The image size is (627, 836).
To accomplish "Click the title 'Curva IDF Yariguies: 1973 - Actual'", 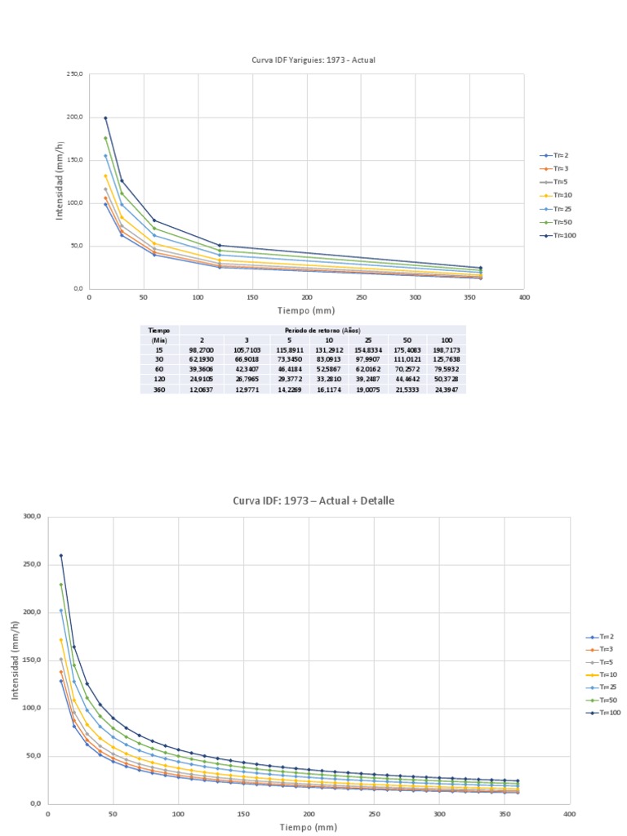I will click(x=313, y=60).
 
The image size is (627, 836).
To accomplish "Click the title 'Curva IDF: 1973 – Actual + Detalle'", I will click(x=313, y=500).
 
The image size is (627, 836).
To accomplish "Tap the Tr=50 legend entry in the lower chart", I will click(x=604, y=700).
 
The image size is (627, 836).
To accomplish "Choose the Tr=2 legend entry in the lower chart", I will click(x=604, y=637).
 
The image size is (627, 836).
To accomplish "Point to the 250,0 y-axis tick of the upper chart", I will click(x=75, y=74).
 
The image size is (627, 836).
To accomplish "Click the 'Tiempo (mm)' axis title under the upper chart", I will click(x=306, y=310).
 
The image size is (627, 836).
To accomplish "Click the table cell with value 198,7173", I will click(x=447, y=349).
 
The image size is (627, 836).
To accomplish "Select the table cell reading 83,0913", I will click(x=329, y=359).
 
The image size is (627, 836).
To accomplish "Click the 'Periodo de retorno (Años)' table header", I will click(x=322, y=329).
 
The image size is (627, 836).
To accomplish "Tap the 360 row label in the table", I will click(x=159, y=390).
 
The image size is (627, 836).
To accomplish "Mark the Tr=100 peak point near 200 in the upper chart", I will click(x=105, y=118).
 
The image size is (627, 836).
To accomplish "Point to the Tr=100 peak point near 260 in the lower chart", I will click(x=60, y=556).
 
